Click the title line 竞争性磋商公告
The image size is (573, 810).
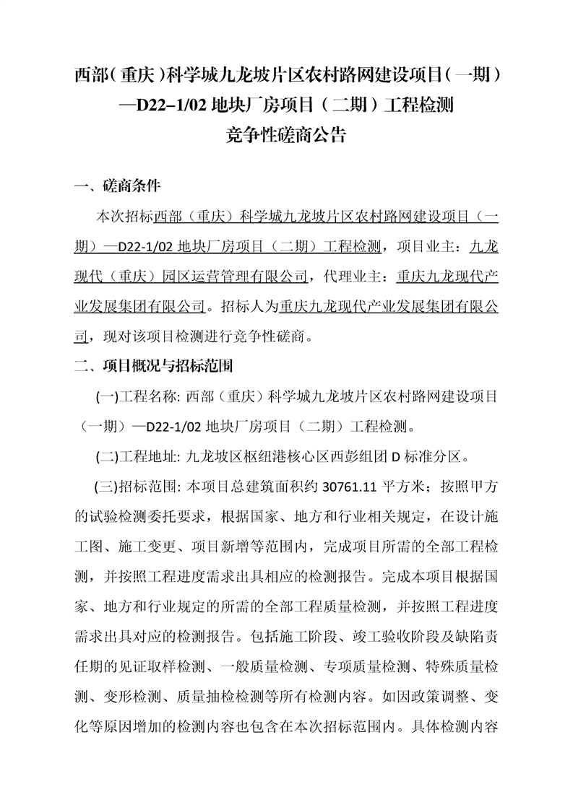286,135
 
